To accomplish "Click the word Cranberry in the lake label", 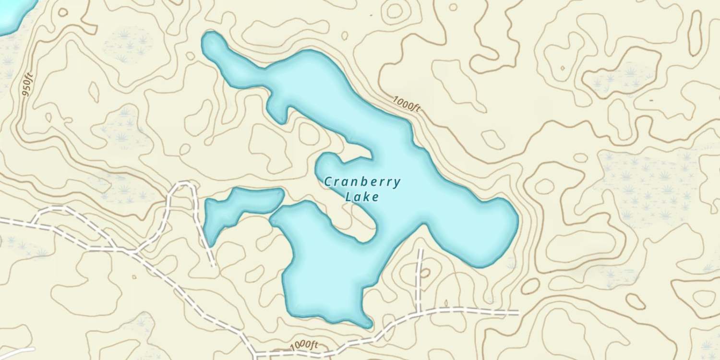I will pyautogui.click(x=362, y=182).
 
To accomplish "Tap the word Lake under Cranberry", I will pyautogui.click(x=362, y=197).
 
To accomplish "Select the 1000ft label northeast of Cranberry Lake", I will pyautogui.click(x=407, y=104).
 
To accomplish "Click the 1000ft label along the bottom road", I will pyautogui.click(x=304, y=345).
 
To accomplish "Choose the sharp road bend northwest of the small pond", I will pyautogui.click(x=185, y=184).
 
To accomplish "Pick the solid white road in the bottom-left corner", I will pyautogui.click(x=17, y=353).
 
